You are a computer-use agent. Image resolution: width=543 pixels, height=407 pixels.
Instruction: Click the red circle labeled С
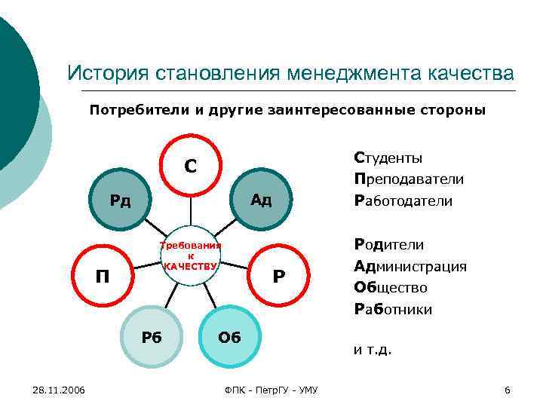click(x=191, y=165)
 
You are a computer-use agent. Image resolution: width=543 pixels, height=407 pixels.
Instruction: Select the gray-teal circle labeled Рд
click(x=120, y=200)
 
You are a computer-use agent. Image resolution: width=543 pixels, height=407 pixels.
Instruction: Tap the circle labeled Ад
click(x=261, y=200)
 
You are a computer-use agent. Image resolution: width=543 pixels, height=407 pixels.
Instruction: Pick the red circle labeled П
click(x=101, y=276)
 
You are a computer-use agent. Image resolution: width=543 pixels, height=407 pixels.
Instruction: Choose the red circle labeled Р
click(x=278, y=276)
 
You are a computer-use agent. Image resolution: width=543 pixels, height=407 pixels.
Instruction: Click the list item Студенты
click(x=388, y=158)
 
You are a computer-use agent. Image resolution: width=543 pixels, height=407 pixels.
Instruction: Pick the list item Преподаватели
click(x=408, y=180)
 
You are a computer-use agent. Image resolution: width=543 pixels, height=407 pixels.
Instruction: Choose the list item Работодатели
click(x=403, y=201)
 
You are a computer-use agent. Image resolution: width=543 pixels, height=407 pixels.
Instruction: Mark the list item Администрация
click(x=410, y=266)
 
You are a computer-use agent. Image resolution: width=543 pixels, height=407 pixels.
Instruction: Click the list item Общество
click(x=390, y=287)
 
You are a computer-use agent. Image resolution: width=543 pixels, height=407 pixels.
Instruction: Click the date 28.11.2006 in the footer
click(x=59, y=390)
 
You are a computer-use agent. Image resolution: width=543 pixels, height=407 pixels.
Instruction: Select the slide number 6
click(x=507, y=390)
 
